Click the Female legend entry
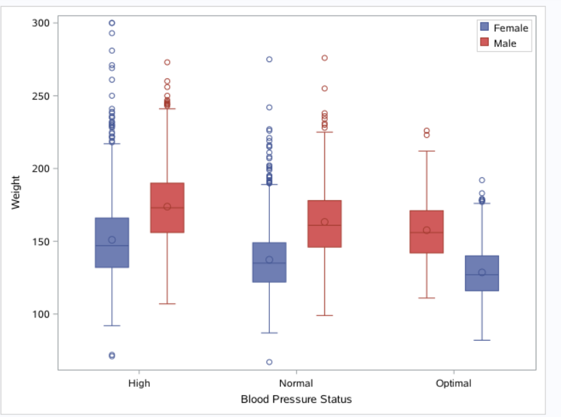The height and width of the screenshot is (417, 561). click(x=504, y=27)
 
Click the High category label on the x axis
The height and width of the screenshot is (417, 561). click(x=139, y=383)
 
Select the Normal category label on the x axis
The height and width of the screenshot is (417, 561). click(x=296, y=383)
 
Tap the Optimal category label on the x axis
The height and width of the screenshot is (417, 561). click(x=453, y=383)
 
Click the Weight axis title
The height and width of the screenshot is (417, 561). click(x=16, y=193)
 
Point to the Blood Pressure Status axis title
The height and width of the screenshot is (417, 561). click(x=296, y=399)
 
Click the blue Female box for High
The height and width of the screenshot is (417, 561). click(x=112, y=243)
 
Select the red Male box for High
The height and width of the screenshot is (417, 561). click(x=167, y=208)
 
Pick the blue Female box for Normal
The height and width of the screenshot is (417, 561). click(x=269, y=262)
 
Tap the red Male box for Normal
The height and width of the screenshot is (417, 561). click(x=324, y=223)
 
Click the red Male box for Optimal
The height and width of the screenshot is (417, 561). click(x=427, y=232)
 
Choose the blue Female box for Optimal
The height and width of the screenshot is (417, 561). click(x=482, y=273)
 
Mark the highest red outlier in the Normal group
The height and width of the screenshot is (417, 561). click(x=324, y=58)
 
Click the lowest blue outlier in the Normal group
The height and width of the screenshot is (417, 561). click(x=269, y=362)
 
